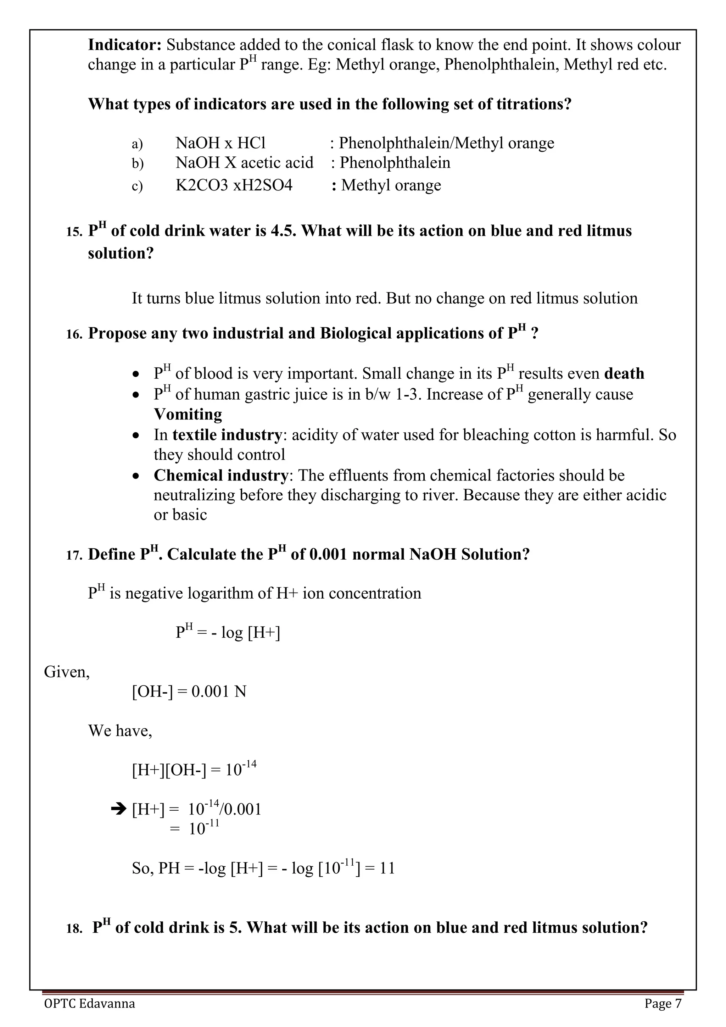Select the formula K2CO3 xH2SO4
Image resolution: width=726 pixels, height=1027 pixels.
tap(234, 185)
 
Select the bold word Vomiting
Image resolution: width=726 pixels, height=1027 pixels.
tap(188, 414)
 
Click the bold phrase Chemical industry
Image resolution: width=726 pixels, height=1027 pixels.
tap(221, 475)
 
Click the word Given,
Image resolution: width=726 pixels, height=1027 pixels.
tap(67, 672)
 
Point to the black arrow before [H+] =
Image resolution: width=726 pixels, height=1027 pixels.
tap(118, 809)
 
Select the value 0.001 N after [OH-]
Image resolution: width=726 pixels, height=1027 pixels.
tap(219, 692)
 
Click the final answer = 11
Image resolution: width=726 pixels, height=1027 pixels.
tap(380, 868)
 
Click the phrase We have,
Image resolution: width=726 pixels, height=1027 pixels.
tap(120, 731)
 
